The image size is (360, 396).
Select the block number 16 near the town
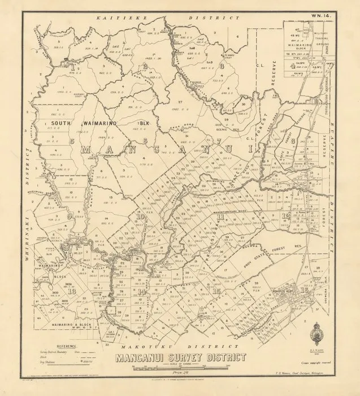[305, 290]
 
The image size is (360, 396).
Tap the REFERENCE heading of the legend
[67, 345]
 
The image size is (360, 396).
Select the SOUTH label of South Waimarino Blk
[60, 122]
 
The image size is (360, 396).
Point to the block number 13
[73, 291]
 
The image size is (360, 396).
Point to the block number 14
[140, 291]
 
